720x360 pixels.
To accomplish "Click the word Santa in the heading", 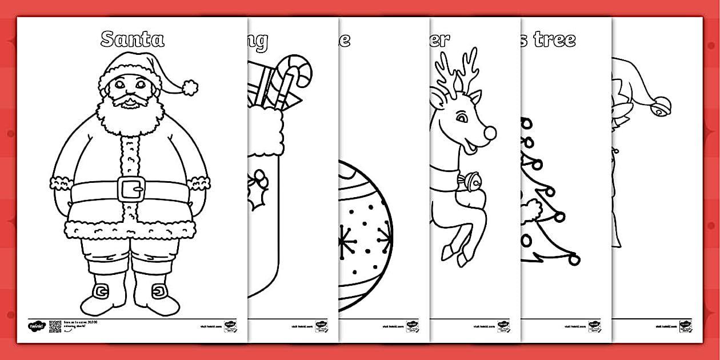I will point(132,39).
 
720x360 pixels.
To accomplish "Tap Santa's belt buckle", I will point(131,189).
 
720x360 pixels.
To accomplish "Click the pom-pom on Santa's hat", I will point(190,87).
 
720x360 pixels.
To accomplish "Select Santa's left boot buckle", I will point(158,293).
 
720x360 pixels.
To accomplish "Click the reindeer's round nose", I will point(489,133).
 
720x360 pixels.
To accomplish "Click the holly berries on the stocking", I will point(260,182).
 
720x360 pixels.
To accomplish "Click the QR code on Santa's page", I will point(55,326).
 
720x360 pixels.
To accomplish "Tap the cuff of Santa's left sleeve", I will point(198,183).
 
